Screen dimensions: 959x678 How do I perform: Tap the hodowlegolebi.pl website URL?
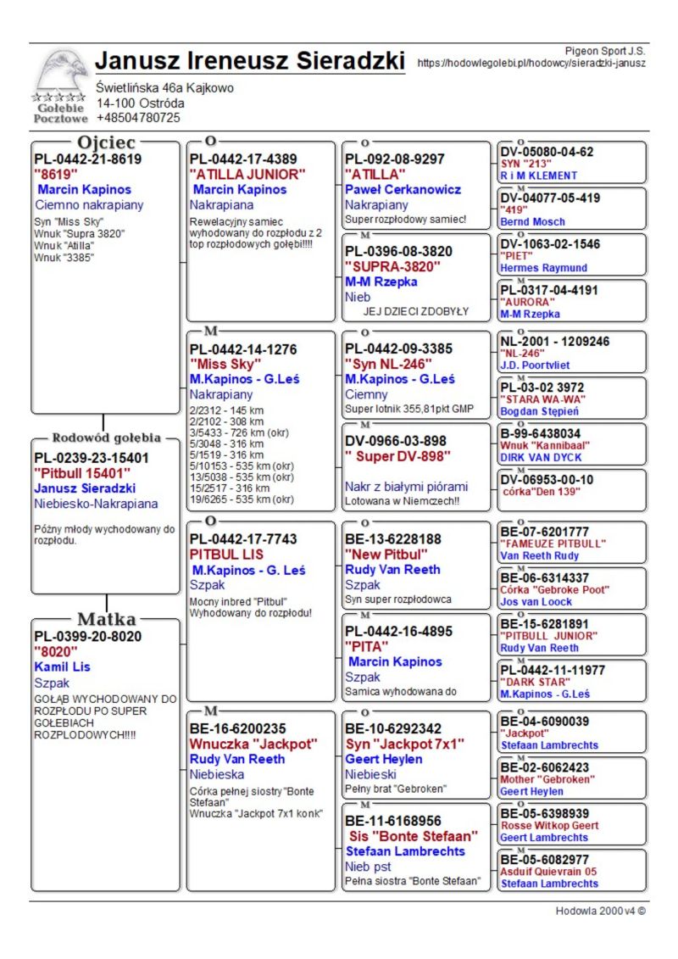(531, 63)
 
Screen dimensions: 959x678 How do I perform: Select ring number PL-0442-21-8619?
(87, 159)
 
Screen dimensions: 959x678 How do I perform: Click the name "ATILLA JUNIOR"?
(247, 174)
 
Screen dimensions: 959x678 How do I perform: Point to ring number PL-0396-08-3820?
(398, 251)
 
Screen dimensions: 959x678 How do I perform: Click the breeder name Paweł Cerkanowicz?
(403, 189)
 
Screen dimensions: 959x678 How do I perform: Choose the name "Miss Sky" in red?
(225, 364)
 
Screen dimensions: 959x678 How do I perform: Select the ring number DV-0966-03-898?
(395, 441)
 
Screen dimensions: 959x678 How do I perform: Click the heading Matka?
(107, 618)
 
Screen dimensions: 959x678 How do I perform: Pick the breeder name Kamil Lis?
(62, 667)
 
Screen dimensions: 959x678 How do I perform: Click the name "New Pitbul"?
(386, 555)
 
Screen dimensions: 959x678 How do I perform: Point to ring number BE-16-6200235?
(237, 728)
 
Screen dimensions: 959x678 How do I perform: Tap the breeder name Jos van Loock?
(536, 602)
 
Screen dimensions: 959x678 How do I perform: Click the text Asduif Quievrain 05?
(548, 871)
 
